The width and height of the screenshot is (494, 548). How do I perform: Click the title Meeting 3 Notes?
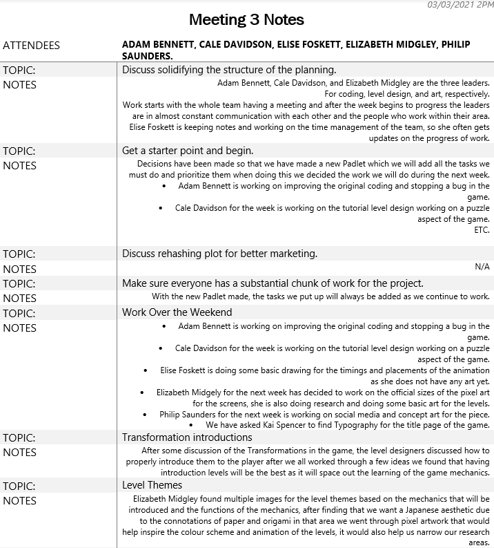click(246, 19)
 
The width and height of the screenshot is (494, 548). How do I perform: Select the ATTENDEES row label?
click(31, 46)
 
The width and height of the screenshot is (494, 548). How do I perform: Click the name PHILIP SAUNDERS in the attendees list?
click(147, 56)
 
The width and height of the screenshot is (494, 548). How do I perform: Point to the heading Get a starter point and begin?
click(188, 151)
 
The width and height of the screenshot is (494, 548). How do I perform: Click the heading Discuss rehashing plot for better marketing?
click(219, 254)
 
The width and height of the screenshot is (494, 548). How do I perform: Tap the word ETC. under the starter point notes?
click(482, 230)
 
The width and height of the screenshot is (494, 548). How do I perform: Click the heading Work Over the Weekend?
click(177, 312)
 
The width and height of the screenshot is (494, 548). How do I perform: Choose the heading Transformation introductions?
click(187, 437)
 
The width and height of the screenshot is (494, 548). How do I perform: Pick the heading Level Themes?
click(152, 485)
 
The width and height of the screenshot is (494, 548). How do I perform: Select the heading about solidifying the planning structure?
click(228, 70)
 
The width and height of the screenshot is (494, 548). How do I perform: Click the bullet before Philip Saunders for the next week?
click(145, 415)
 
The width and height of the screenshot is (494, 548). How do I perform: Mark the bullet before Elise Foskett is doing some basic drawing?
click(146, 370)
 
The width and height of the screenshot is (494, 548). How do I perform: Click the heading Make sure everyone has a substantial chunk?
click(273, 283)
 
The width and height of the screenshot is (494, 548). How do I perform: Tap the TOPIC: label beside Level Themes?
click(19, 485)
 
